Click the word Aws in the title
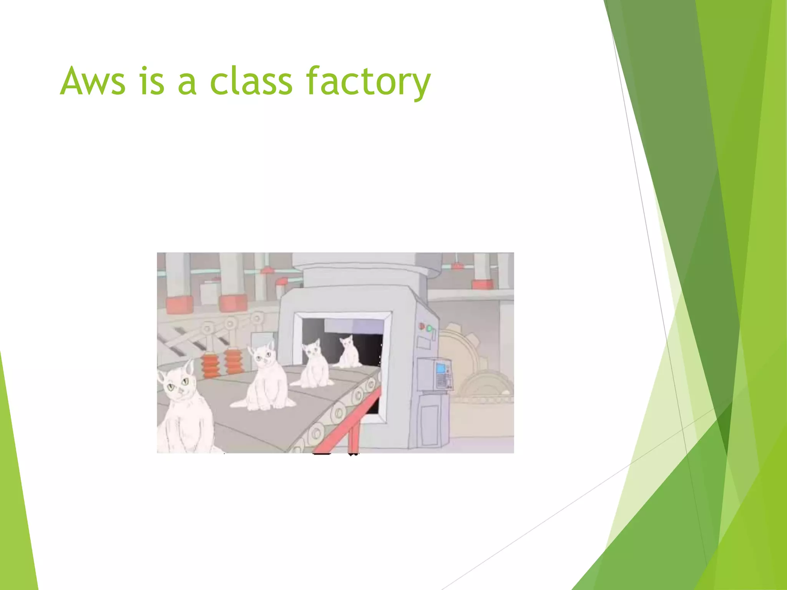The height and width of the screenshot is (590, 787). click(x=93, y=81)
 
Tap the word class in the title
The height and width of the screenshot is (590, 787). click(x=251, y=81)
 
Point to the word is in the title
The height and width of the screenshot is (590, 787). click(x=152, y=81)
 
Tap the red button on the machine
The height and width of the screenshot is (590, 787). click(x=422, y=326)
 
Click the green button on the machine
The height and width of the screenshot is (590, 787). click(x=429, y=329)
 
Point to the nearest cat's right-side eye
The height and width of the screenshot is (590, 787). click(x=185, y=381)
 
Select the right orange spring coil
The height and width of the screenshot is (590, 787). click(x=234, y=361)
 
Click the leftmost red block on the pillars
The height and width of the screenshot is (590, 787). click(x=179, y=305)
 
